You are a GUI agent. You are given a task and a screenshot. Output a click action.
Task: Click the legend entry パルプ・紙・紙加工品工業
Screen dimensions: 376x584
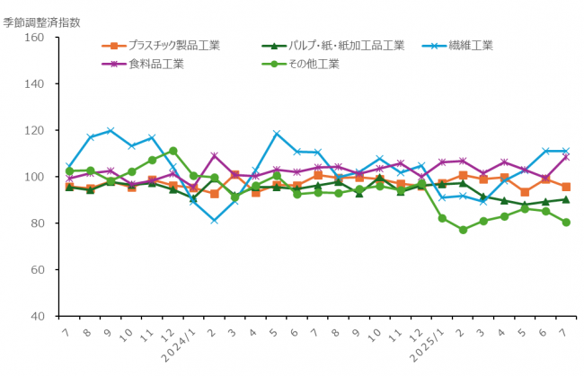click(x=346, y=45)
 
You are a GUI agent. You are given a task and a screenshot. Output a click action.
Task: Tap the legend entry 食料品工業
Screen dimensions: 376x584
click(x=156, y=64)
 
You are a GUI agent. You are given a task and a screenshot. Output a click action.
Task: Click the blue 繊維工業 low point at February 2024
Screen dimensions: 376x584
click(x=214, y=220)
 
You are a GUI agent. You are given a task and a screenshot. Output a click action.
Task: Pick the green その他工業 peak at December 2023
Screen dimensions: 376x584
click(x=173, y=151)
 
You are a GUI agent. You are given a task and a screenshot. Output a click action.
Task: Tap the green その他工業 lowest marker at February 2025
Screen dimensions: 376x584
click(x=463, y=230)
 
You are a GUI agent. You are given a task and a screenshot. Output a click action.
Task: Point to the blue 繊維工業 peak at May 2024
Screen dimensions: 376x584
click(x=277, y=134)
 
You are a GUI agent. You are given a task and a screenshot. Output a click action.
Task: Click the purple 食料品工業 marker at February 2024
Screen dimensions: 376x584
click(x=214, y=156)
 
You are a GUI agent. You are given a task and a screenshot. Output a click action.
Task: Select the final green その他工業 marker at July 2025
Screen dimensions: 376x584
click(x=566, y=223)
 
